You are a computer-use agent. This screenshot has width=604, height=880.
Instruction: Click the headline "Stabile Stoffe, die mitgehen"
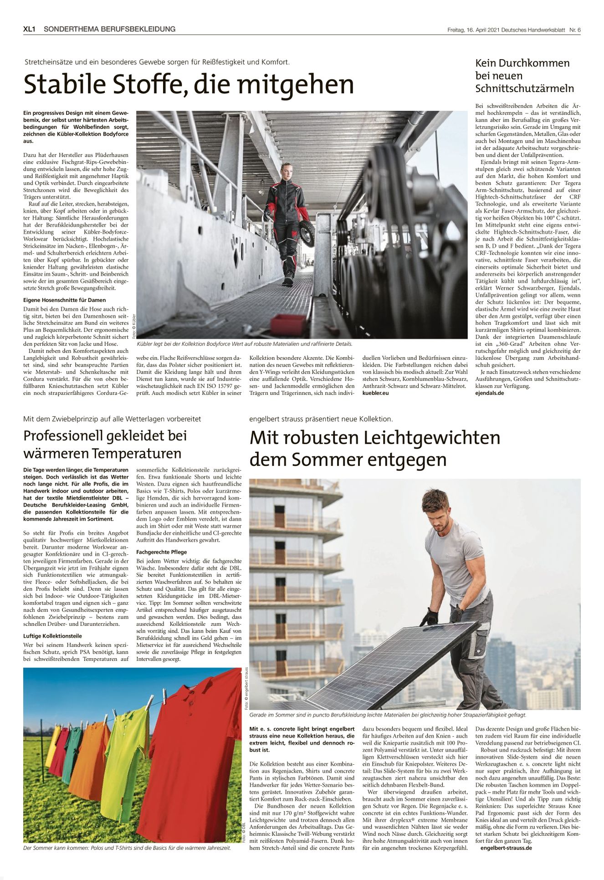coord(189,85)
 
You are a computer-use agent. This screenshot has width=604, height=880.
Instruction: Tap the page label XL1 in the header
coord(30,29)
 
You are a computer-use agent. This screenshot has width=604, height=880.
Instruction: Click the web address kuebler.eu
coord(375,393)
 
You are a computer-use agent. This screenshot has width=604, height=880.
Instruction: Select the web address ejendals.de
coord(490,393)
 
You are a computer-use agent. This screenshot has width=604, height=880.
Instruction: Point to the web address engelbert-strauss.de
coord(506,848)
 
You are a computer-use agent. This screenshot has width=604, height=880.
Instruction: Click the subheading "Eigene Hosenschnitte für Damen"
coord(64,300)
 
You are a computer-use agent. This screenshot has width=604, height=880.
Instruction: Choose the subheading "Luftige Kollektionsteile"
coord(53,636)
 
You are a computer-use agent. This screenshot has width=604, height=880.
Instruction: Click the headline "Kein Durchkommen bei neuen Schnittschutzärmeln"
coord(524,76)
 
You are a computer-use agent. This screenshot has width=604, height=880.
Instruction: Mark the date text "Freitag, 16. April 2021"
coord(474,30)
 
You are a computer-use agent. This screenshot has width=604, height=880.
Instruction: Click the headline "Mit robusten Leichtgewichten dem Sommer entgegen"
coord(374,448)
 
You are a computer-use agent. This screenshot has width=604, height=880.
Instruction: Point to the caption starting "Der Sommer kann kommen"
coord(127,848)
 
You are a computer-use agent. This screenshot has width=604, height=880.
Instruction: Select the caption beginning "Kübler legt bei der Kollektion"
coord(245,344)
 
